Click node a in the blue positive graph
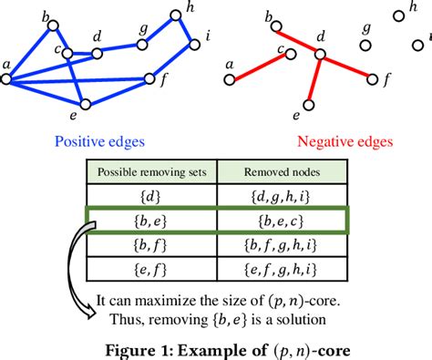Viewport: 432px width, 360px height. pyautogui.click(x=6, y=79)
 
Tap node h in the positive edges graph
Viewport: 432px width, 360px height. pyautogui.click(x=177, y=15)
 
